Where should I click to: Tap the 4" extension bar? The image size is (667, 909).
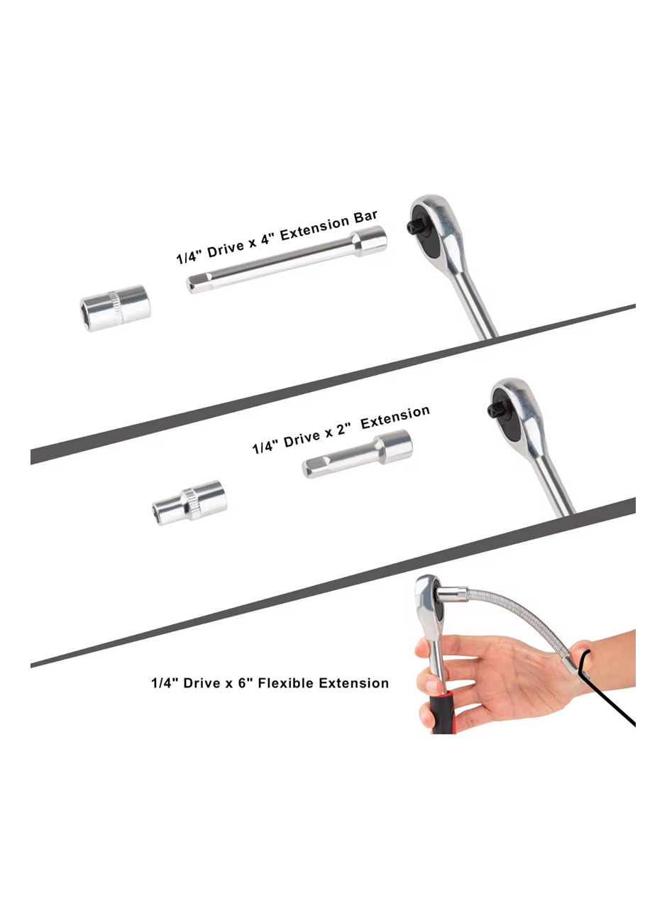(x=286, y=260)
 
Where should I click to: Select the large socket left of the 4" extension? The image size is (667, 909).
(x=116, y=308)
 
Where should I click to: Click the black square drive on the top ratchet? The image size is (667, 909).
(x=414, y=228)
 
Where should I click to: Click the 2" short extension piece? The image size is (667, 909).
(x=357, y=454)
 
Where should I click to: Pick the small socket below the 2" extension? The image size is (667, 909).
(x=189, y=503)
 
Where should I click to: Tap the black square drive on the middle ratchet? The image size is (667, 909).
(x=495, y=410)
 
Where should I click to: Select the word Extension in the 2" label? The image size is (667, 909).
(x=395, y=417)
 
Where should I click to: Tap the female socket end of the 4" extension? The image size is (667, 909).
(x=369, y=241)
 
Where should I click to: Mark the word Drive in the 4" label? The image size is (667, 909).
(x=226, y=249)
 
